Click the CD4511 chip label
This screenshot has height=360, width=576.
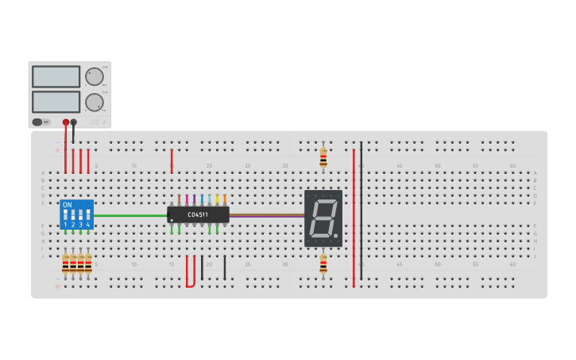click(x=198, y=215)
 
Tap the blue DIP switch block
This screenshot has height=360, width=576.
click(x=76, y=215)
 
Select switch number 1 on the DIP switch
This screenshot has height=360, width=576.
click(x=65, y=215)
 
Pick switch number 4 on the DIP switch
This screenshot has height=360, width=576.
click(x=87, y=215)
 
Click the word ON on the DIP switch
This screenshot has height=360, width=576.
click(x=67, y=205)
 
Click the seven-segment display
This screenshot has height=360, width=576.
click(x=323, y=218)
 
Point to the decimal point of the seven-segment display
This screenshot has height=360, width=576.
click(x=337, y=235)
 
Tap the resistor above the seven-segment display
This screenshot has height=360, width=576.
click(x=323, y=157)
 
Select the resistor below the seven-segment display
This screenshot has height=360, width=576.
click(x=323, y=263)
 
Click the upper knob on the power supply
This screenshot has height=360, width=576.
click(x=94, y=76)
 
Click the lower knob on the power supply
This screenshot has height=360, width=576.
click(x=94, y=102)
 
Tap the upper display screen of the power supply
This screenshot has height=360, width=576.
click(x=56, y=76)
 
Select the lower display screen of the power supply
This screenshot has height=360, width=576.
click(x=56, y=102)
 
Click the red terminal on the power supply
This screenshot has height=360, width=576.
click(x=65, y=122)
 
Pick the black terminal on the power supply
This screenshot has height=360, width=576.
click(x=74, y=122)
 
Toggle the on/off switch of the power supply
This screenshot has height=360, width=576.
click(x=37, y=122)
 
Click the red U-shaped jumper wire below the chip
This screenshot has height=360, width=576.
click(x=190, y=285)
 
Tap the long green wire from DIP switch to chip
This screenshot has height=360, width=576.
click(x=130, y=215)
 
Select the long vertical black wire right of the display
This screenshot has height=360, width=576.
click(x=361, y=211)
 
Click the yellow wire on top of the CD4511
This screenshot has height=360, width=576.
click(x=217, y=199)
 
